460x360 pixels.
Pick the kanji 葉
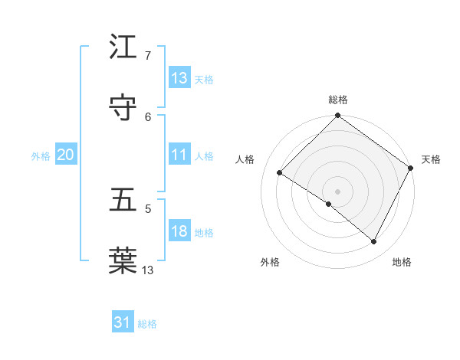click(x=123, y=260)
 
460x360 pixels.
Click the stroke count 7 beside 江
click(x=148, y=56)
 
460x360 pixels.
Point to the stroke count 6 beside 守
click(x=148, y=116)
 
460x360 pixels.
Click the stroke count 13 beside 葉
click(x=148, y=270)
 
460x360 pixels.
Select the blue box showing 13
click(x=179, y=78)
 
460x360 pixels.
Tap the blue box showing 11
click(x=179, y=155)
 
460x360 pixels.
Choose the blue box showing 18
click(x=179, y=231)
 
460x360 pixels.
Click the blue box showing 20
click(x=65, y=155)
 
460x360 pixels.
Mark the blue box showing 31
click(x=123, y=322)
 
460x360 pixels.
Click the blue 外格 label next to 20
click(x=41, y=155)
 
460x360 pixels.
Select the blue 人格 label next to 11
click(x=204, y=155)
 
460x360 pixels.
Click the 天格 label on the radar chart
click(x=431, y=159)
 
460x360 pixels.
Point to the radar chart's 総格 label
click(x=338, y=100)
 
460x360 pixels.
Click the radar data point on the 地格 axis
click(x=374, y=242)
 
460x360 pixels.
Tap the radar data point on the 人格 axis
click(x=280, y=173)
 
